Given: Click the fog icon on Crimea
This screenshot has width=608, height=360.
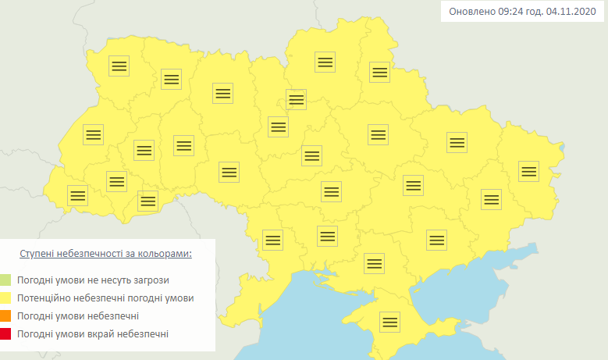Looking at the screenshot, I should click(389, 322).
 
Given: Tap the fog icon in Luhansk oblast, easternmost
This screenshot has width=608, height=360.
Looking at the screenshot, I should click(528, 170).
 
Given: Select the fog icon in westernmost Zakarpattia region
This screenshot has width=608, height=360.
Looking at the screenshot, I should click(77, 195).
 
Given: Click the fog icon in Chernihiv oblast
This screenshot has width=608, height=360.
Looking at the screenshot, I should click(325, 62).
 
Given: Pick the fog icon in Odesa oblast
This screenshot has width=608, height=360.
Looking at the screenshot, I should click(272, 240).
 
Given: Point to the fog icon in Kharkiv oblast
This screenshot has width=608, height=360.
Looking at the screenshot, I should click(457, 142).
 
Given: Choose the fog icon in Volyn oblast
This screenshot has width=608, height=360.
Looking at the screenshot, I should click(119, 66).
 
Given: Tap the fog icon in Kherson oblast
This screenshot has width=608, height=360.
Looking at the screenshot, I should click(374, 263).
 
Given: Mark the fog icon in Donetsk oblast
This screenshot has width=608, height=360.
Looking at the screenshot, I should click(490, 199).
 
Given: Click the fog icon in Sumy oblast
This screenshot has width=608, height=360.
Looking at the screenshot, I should click(379, 72).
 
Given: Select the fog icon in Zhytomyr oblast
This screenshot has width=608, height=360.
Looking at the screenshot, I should click(222, 93).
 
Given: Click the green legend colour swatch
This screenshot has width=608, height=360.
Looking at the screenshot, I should click(5, 280).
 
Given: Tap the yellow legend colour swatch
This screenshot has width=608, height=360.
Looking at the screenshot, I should click(5, 298).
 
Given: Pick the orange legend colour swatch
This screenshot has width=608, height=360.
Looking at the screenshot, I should click(5, 316).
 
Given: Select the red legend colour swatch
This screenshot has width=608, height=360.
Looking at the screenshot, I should click(5, 334).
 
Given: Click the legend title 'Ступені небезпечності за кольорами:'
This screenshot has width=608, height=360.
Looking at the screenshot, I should click(105, 254).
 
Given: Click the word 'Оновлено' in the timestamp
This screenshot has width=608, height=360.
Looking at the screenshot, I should click(472, 12).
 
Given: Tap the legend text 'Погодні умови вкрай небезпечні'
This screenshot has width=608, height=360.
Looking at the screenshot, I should click(92, 334).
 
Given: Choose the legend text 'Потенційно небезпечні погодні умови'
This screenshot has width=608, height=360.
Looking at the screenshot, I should click(105, 298).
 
